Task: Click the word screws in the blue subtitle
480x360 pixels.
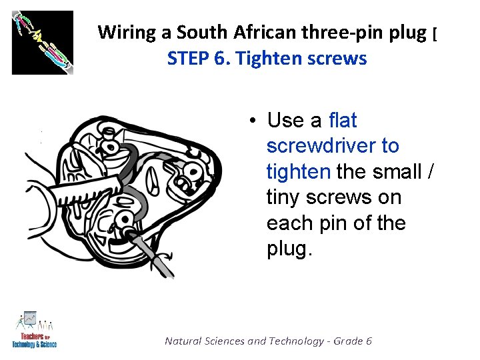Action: [x=337, y=59]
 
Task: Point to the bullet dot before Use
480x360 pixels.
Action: [x=254, y=121]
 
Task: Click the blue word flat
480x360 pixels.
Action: [x=343, y=121]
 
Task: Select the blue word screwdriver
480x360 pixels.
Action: [x=332, y=146]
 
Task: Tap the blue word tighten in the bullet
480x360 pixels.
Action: [x=297, y=171]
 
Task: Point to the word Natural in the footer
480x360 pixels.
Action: [x=185, y=341]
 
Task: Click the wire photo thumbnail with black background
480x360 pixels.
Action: [x=43, y=42]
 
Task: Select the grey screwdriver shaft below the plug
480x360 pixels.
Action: [x=157, y=257]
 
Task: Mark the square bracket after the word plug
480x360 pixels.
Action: [x=434, y=32]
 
